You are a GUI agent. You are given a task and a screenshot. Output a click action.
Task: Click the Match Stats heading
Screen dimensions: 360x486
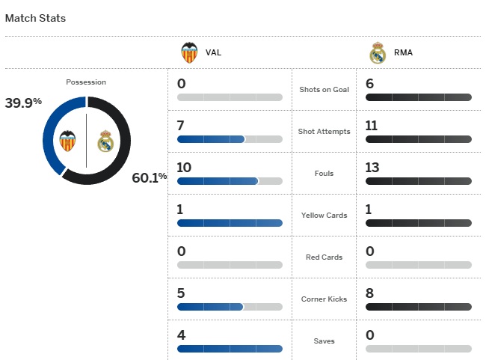coord(35,18)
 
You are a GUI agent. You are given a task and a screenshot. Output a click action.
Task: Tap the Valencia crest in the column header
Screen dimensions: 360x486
coord(189,53)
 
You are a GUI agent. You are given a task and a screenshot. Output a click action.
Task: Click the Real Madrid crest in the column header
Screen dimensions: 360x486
coord(378,53)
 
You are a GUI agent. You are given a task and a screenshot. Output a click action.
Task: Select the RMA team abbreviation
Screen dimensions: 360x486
coord(402,53)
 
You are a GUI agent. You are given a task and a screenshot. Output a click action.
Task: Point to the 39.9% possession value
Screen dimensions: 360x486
coord(23,103)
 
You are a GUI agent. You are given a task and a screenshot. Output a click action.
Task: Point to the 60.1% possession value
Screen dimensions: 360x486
coord(149,177)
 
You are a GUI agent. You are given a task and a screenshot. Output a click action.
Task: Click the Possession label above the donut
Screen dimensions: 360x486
coord(86,82)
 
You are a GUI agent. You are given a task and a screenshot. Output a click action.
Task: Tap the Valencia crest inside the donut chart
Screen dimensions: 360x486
coord(68,140)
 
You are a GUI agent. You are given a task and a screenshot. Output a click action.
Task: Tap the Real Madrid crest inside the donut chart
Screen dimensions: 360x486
coord(105,141)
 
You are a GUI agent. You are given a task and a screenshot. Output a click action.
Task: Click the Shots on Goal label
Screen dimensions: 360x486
coord(324,90)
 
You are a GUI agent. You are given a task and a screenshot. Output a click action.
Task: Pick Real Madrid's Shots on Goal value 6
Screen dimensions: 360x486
coord(370,84)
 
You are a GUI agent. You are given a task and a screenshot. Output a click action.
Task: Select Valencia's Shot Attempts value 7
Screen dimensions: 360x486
coord(181,126)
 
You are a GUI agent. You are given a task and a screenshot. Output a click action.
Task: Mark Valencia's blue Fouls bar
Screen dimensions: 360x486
coord(218,181)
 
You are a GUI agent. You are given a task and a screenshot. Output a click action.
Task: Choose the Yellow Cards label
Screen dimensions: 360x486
coord(324,216)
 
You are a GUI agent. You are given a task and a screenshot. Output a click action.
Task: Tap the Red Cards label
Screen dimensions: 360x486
coord(324,257)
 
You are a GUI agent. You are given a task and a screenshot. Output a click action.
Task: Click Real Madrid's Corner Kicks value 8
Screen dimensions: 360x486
coord(370,293)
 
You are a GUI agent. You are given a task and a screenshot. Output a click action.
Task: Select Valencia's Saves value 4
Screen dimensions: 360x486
coord(181,335)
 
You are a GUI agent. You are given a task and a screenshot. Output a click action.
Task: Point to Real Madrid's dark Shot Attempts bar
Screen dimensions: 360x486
coord(419,139)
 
